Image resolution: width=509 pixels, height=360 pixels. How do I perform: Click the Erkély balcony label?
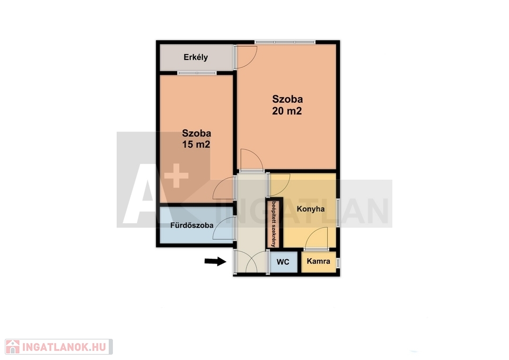[196, 57]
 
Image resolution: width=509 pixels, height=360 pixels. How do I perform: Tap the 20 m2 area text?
[287, 111]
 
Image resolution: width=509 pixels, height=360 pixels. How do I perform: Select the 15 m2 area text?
[196, 144]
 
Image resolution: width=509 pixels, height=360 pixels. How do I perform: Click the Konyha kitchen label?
[311, 209]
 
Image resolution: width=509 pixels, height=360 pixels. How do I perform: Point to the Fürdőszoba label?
[192, 225]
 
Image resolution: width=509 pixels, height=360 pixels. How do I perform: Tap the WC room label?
[283, 261]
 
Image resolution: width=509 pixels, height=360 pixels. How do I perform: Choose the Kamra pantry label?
[319, 261]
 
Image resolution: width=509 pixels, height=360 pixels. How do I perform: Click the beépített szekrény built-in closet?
[274, 224]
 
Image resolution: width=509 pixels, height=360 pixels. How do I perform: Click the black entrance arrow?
[215, 261]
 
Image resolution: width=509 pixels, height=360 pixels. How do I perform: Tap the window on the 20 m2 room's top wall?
[285, 42]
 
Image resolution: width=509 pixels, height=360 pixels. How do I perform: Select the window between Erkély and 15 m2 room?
[197, 73]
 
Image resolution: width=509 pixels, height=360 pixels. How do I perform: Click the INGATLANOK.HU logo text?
[64, 347]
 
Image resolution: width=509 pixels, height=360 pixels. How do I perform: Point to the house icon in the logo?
[12, 347]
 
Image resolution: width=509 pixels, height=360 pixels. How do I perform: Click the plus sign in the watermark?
[176, 176]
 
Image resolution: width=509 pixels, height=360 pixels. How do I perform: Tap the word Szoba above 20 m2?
[287, 99]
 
